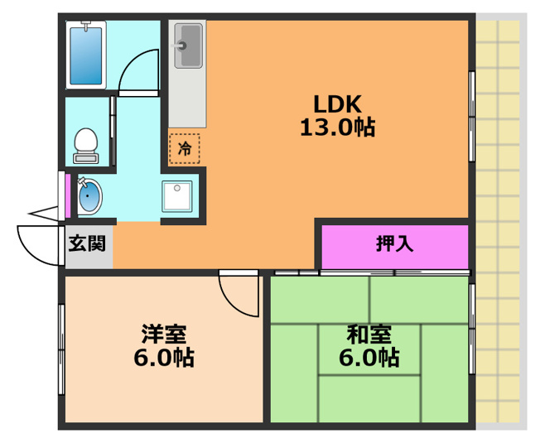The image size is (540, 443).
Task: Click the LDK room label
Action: tap(336, 104)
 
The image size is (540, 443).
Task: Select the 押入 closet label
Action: tap(394, 244)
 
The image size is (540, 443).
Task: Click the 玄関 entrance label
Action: tap(87, 243)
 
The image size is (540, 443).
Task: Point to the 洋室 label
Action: tap(164, 335)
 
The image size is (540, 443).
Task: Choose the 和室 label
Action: tap(369, 335)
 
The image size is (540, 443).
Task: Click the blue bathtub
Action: tap(86, 54)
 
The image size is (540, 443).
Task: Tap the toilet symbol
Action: tap(85, 144)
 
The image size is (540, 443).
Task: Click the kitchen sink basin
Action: tap(188, 45)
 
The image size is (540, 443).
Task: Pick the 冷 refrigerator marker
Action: tap(185, 148)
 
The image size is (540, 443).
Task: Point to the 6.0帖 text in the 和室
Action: tap(370, 358)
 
